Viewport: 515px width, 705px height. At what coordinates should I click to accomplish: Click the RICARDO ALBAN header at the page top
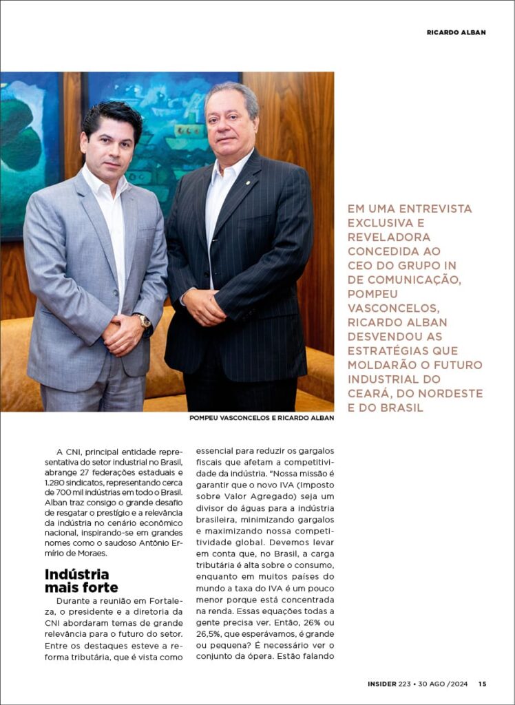point(456,32)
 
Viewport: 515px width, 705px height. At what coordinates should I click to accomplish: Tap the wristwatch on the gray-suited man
point(143,321)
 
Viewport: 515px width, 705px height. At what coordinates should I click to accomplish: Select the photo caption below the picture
point(262,418)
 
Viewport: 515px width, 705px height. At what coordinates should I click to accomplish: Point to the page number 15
point(483,684)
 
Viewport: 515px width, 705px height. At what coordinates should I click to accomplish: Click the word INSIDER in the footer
point(381,684)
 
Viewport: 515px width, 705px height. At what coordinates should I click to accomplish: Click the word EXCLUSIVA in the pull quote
point(378,223)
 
